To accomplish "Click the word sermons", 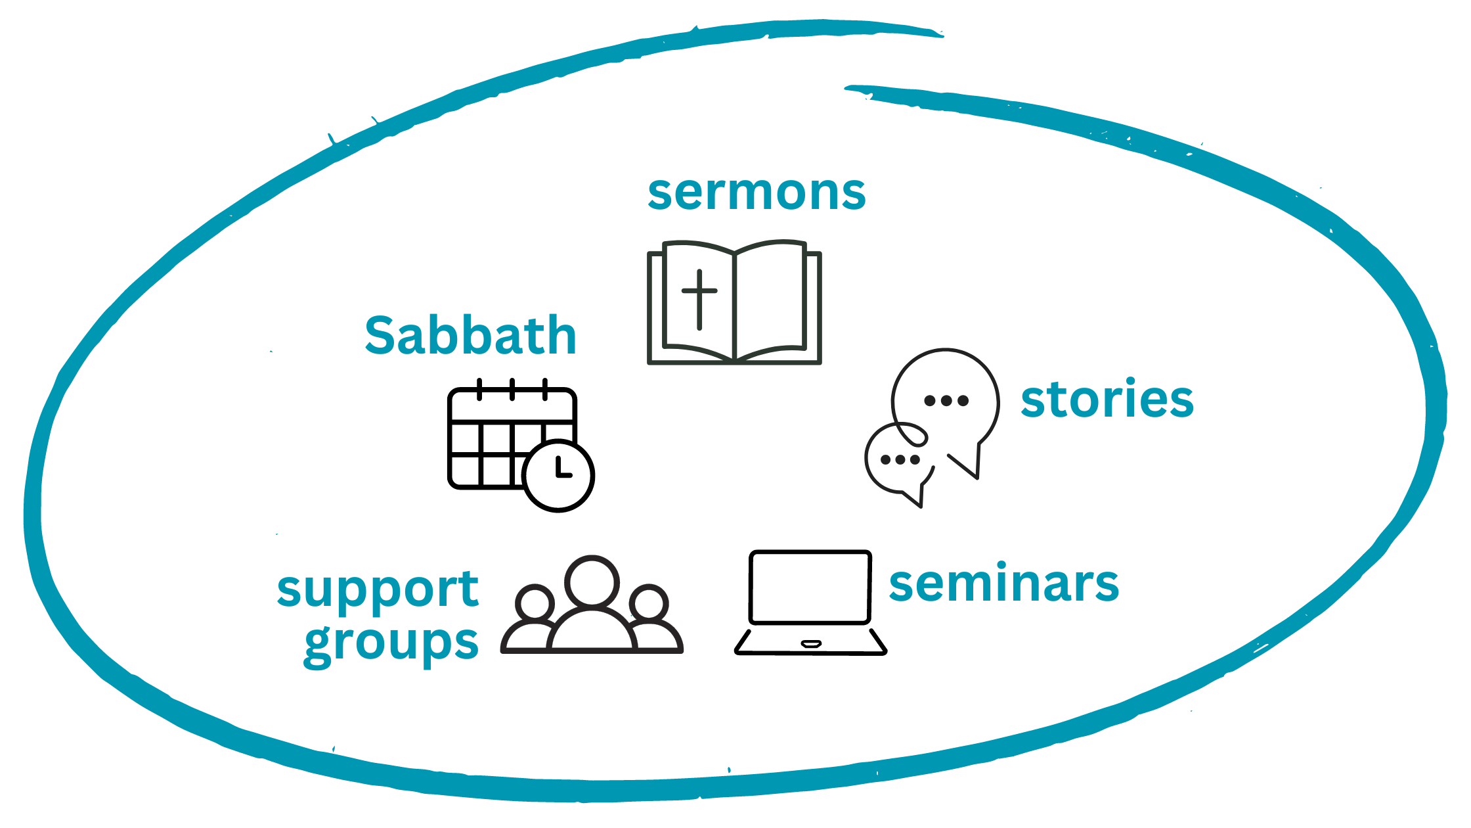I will (x=757, y=194).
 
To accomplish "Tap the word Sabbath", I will (x=470, y=336).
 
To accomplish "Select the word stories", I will (x=1107, y=399).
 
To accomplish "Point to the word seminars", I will (x=1003, y=584).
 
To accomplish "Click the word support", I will (x=378, y=589).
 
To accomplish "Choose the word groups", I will (x=391, y=643).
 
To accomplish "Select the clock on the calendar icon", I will (x=559, y=475).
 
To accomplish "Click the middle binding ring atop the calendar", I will (x=512, y=389).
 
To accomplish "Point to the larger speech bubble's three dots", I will (x=946, y=400).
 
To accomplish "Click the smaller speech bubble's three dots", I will (x=900, y=459).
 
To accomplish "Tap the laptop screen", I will (x=810, y=587).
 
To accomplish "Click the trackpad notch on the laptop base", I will (x=811, y=643).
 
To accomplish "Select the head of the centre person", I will (x=592, y=581).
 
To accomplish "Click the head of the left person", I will (x=535, y=602).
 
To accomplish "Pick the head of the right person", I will (x=649, y=602).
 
